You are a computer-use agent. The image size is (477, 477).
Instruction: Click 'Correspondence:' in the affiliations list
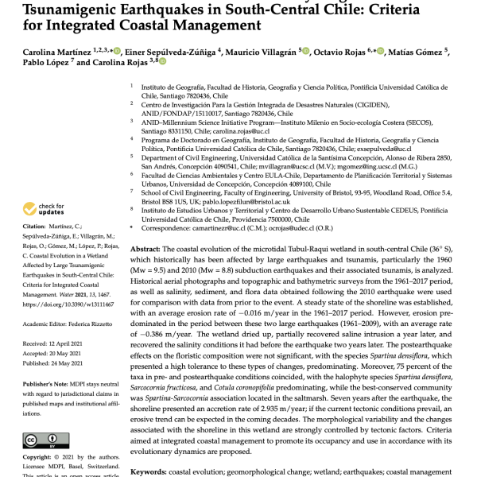point(168,228)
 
